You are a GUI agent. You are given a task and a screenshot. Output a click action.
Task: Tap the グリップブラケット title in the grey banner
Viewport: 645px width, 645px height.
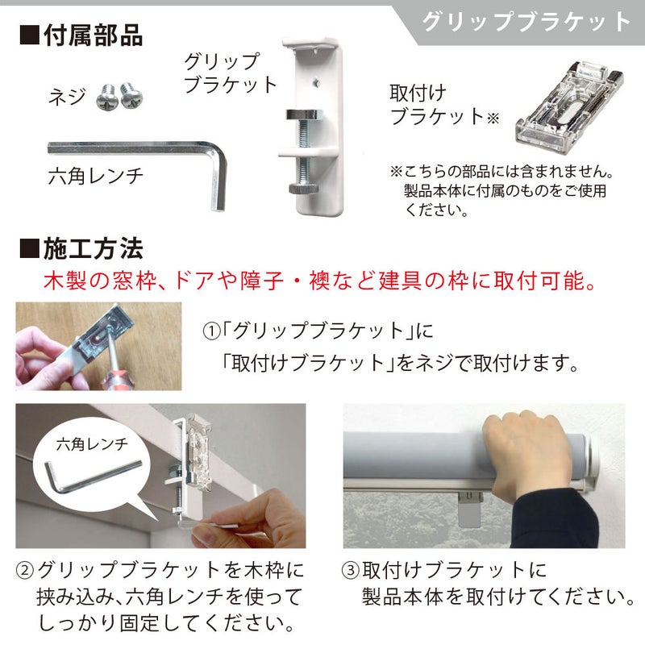click(x=526, y=22)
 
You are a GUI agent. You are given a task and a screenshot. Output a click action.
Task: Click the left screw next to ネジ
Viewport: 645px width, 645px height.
click(x=107, y=97)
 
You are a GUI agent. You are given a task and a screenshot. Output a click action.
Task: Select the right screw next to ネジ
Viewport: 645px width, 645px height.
click(x=131, y=95)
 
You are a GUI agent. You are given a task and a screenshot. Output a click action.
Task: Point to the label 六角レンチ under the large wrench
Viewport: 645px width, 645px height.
click(x=95, y=176)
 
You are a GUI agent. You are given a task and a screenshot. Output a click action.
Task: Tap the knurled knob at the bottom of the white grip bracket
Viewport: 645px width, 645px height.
click(x=304, y=189)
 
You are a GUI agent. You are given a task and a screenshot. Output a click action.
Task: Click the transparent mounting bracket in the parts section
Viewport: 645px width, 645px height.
click(x=569, y=107)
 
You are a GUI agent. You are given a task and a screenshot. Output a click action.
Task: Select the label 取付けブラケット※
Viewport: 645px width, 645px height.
click(x=444, y=105)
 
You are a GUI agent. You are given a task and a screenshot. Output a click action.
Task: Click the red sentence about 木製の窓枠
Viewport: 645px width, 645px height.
click(x=320, y=281)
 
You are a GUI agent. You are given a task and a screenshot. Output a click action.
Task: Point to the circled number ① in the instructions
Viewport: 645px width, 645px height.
click(x=211, y=331)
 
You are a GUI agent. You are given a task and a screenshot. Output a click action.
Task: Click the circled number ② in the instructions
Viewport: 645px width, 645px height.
click(x=25, y=571)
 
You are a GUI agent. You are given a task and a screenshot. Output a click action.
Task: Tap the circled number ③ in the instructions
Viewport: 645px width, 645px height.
click(x=351, y=571)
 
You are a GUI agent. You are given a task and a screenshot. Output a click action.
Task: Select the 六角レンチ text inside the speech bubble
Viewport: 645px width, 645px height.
click(x=92, y=444)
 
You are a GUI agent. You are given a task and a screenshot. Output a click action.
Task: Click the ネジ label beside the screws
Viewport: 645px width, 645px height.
click(x=67, y=97)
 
